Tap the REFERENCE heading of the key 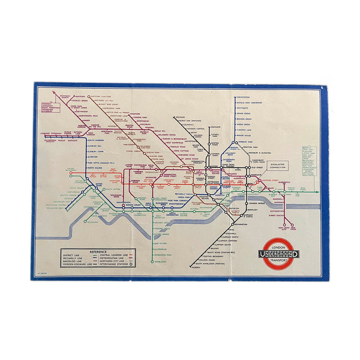[98, 250]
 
